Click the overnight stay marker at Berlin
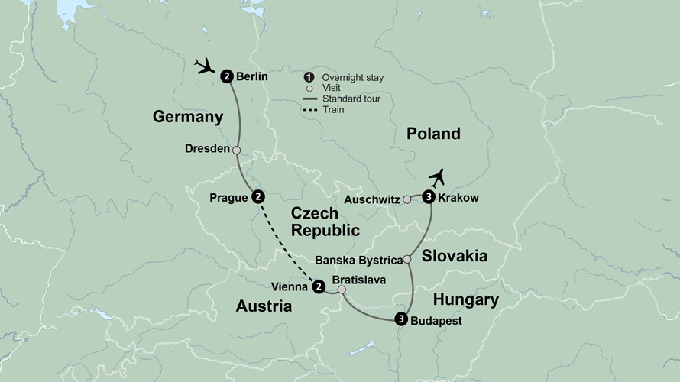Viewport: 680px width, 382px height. [227, 76]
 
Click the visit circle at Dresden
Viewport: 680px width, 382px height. [236, 150]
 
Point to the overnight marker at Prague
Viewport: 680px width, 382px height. [258, 197]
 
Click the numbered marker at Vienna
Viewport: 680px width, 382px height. [318, 286]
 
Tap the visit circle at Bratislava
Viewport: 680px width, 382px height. [342, 290]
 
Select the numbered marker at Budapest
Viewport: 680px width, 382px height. [400, 319]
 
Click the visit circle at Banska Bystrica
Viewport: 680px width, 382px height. [407, 260]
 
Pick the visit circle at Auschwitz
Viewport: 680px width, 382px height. [407, 200]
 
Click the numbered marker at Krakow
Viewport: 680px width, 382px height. [429, 198]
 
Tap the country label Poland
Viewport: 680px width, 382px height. [433, 134]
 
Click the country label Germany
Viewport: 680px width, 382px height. [187, 117]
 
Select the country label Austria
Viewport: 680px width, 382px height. [263, 306]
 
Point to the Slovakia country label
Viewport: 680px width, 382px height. [449, 256]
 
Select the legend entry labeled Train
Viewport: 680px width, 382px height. [333, 109]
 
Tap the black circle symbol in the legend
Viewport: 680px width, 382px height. [308, 77]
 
